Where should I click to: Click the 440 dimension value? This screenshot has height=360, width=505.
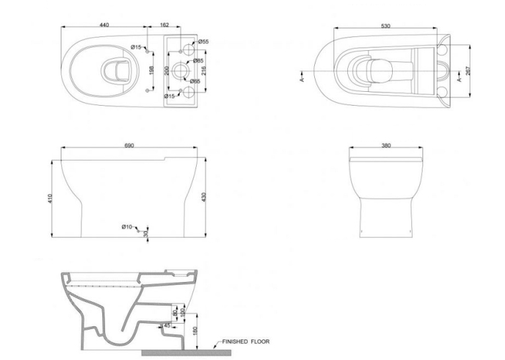pyautogui.click(x=104, y=25)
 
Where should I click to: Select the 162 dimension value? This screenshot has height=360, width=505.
pyautogui.click(x=164, y=25)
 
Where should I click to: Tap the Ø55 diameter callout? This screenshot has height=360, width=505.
pyautogui.click(x=203, y=42)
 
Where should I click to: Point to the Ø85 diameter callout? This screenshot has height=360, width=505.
pyautogui.click(x=199, y=61)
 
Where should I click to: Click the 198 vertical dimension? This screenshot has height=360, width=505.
pyautogui.click(x=152, y=70)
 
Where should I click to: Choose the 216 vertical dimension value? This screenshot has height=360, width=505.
pyautogui.click(x=203, y=71)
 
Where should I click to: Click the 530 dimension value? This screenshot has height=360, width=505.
pyautogui.click(x=386, y=26)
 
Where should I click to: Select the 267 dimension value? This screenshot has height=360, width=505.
pyautogui.click(x=468, y=71)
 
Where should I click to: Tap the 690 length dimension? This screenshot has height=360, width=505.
pyautogui.click(x=129, y=146)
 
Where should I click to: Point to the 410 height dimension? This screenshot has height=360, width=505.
pyautogui.click(x=50, y=198)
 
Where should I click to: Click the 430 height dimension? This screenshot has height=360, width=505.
pyautogui.click(x=203, y=198)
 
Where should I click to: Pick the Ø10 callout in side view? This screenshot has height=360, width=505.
pyautogui.click(x=127, y=227)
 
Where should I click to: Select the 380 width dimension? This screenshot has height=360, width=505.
pyautogui.click(x=386, y=146)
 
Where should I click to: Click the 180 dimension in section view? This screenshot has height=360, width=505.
pyautogui.click(x=195, y=331)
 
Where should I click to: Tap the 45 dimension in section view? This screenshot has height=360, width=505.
pyautogui.click(x=167, y=326)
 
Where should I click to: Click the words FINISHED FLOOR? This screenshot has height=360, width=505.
pyautogui.click(x=246, y=342)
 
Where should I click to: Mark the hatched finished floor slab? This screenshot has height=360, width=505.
pyautogui.click(x=186, y=353)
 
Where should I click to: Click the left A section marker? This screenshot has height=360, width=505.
pyautogui.click(x=302, y=77)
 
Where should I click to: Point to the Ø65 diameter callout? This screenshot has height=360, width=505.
pyautogui.click(x=195, y=81)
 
